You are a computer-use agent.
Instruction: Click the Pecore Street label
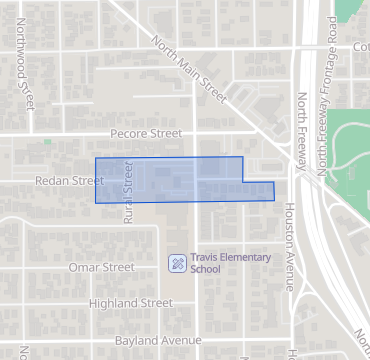point(146,133)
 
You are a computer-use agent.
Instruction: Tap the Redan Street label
point(70,181)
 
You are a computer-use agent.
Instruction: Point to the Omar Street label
point(102,268)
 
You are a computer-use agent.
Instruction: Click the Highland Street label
point(131,303)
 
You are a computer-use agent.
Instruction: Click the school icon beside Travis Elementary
point(176,263)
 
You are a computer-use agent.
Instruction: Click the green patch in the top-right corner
point(353,9)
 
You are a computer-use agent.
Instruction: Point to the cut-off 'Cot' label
point(360,47)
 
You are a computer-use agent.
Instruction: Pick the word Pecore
point(129,133)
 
